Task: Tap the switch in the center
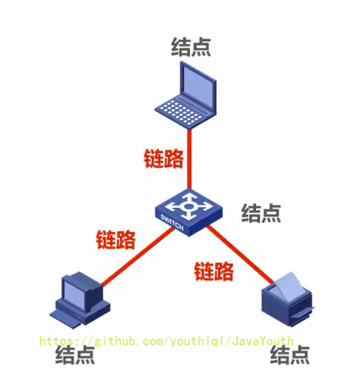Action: (189, 213)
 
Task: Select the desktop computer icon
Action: (80, 300)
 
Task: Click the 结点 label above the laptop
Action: (191, 47)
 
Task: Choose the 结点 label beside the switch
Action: (261, 213)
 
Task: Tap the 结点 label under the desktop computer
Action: (75, 355)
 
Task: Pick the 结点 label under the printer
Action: (290, 355)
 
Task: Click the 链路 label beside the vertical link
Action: (164, 158)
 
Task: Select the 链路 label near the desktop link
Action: (115, 240)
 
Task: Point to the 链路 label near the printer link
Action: (214, 271)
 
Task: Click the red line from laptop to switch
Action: (190, 159)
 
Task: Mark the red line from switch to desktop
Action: (138, 257)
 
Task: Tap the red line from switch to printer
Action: (240, 255)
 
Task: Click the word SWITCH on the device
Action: (172, 223)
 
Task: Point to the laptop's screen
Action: (198, 86)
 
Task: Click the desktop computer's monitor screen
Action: (73, 294)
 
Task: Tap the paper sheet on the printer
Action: (286, 286)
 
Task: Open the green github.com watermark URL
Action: (166, 341)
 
